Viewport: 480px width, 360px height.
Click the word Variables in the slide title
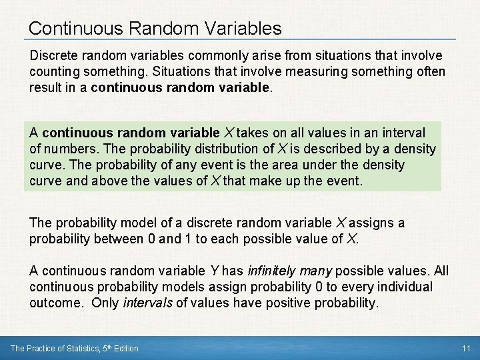[241, 28]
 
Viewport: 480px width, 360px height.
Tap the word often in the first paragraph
[429, 72]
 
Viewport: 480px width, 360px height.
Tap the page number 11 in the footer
[466, 349]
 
